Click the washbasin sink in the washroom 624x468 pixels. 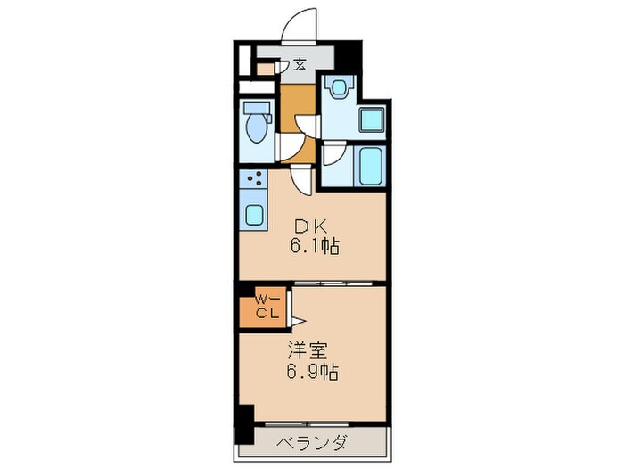point(340,87)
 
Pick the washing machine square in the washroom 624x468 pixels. point(370,119)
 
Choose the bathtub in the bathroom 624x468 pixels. point(369,165)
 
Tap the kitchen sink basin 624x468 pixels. point(253,215)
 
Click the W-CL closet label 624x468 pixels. point(266,305)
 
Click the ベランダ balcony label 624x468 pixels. point(311,443)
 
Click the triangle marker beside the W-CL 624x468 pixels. point(300,314)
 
